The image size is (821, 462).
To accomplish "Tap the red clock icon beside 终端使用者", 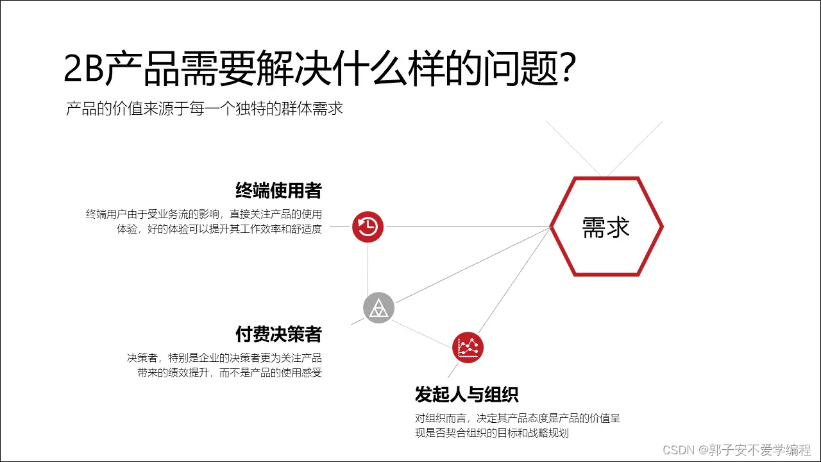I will pos(368,227).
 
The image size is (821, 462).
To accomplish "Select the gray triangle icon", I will pos(378,308).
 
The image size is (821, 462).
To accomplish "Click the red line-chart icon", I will pos(468,348).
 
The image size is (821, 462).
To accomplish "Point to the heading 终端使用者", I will pos(278,191).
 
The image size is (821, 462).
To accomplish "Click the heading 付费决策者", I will pos(278,334).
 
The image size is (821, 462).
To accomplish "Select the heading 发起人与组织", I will pos(466,394).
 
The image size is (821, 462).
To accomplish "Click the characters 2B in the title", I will pos(83,70).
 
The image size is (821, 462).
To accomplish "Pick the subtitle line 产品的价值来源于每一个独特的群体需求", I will pos(205,108).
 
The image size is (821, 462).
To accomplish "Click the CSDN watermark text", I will pos(737,449).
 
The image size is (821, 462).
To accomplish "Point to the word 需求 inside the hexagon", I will pos(606,227).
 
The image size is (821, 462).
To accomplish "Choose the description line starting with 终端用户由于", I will pos(204,214).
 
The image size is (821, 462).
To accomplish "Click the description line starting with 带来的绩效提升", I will pos(229,373).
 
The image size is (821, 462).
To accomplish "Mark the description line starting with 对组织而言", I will pos(517,418).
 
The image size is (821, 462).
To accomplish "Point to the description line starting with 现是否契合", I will pos(491,433).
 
